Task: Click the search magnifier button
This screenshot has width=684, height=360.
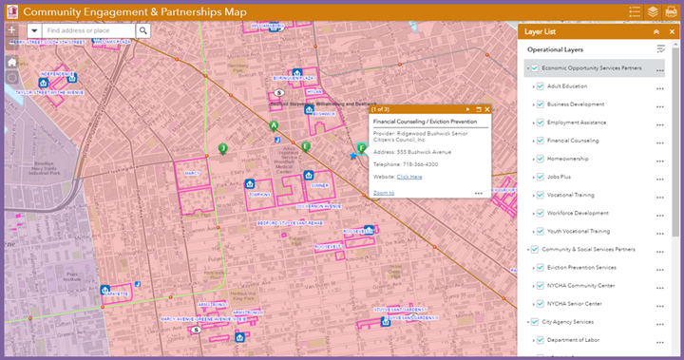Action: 143,30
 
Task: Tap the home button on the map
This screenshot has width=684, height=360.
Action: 11,62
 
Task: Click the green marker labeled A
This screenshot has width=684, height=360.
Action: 274,125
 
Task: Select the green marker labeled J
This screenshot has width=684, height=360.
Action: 222,148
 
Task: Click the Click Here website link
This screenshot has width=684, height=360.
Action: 409,177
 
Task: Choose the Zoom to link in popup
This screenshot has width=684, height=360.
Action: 384,193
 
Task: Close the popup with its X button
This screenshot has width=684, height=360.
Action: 487,109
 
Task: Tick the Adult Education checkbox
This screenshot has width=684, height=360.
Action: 541,86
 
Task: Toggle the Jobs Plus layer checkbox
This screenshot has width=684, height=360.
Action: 541,177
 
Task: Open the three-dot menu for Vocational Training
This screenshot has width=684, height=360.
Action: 659,195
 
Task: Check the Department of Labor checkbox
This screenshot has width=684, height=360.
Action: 541,340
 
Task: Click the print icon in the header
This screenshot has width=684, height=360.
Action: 671,11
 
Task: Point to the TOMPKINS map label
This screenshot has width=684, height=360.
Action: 259,194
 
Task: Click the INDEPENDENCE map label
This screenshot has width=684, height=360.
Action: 57,74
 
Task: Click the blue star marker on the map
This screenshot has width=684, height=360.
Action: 353,155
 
